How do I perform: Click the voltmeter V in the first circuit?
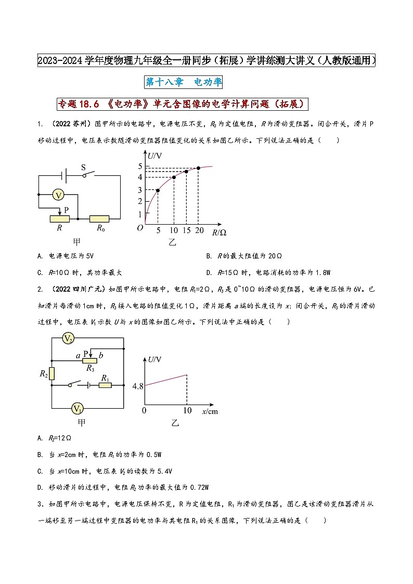[x=59, y=195]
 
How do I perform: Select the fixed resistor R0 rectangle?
[x=99, y=219]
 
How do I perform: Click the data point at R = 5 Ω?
[x=158, y=190]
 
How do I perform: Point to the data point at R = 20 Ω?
[x=198, y=168]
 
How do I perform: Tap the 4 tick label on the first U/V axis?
[x=140, y=177]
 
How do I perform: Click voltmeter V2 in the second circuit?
[x=68, y=339]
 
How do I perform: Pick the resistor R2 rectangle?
[x=52, y=373]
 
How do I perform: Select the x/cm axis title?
[x=209, y=411]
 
